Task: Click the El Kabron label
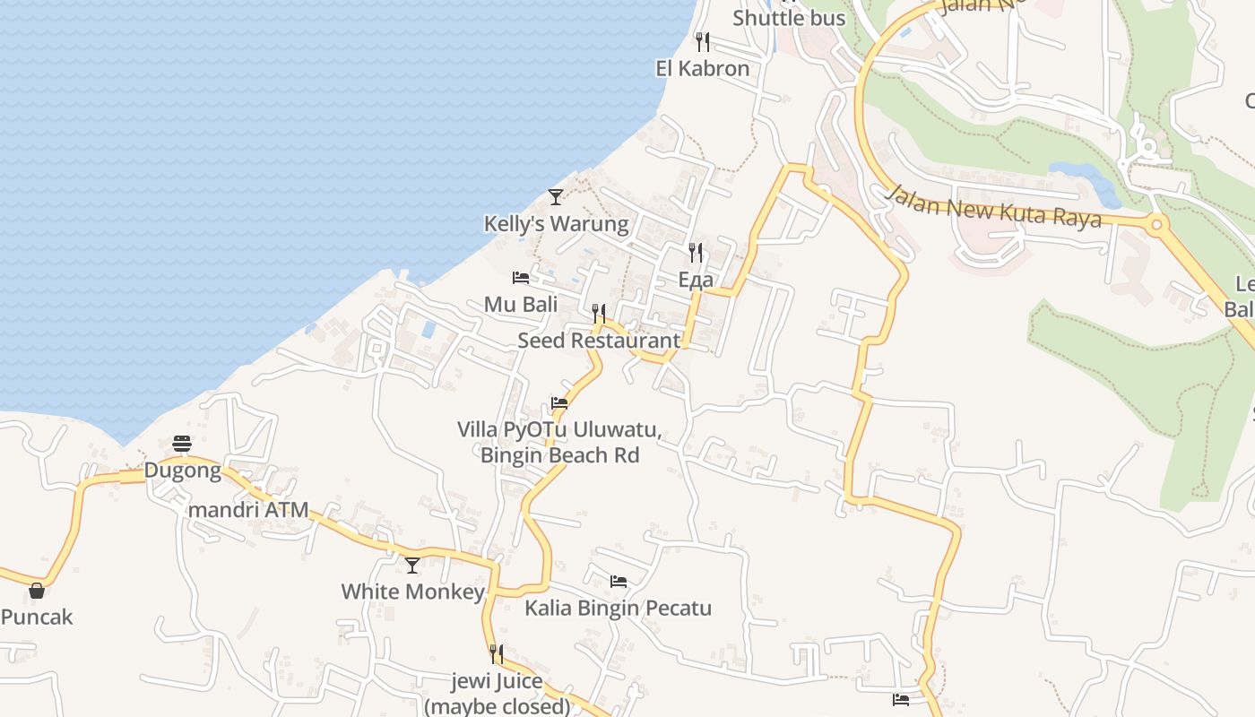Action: pyautogui.click(x=702, y=69)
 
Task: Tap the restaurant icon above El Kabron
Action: pyautogui.click(x=703, y=41)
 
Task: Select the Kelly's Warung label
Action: pyautogui.click(x=556, y=223)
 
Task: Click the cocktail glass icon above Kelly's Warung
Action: pyautogui.click(x=556, y=196)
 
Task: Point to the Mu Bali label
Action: pyautogui.click(x=521, y=304)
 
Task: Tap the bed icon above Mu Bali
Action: pyautogui.click(x=521, y=278)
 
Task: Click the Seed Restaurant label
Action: pyautogui.click(x=599, y=341)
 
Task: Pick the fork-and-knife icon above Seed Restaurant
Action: pyautogui.click(x=599, y=314)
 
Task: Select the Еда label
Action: pyautogui.click(x=696, y=280)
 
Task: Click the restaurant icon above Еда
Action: pyautogui.click(x=696, y=253)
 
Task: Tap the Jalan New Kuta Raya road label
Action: pyautogui.click(x=993, y=206)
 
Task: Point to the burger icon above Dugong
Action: pyautogui.click(x=182, y=444)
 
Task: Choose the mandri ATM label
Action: pyautogui.click(x=248, y=510)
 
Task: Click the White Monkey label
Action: pyautogui.click(x=412, y=592)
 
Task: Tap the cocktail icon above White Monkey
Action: pyautogui.click(x=412, y=566)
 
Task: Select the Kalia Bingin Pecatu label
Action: pyautogui.click(x=618, y=608)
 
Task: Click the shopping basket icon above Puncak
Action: pyautogui.click(x=37, y=591)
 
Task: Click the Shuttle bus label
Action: pyautogui.click(x=789, y=17)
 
